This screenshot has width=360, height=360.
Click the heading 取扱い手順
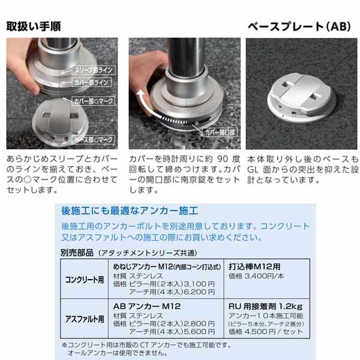click(x=35, y=27)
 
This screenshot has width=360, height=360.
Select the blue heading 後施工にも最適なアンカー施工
click(x=130, y=211)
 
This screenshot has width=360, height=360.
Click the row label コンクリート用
click(x=85, y=280)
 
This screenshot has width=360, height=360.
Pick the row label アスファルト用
click(x=85, y=319)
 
